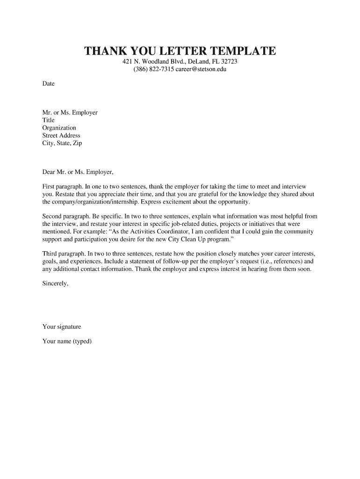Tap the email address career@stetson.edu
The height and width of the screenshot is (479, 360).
[201, 70]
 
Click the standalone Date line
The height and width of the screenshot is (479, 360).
[49, 84]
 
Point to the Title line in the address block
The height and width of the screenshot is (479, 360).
[49, 120]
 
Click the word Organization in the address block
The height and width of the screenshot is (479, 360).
[59, 128]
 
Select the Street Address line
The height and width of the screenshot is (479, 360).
[61, 136]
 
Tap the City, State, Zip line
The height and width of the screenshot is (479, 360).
[62, 143]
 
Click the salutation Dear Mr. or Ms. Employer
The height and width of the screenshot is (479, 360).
[78, 172]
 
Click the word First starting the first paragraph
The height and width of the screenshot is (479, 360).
[49, 187]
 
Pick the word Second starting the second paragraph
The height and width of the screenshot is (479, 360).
[52, 217]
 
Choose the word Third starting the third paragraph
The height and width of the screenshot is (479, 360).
[50, 254]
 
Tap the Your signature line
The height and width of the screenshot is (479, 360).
[62, 327]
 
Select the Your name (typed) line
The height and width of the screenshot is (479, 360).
[67, 341]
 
